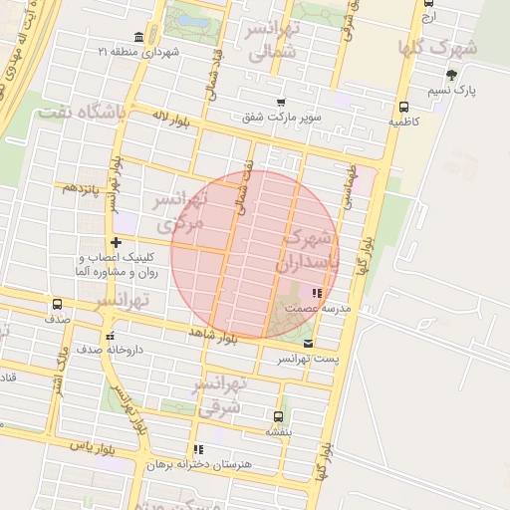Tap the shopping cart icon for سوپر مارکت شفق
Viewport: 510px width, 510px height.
click(x=282, y=101)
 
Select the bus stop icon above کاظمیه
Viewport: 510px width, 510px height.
click(x=402, y=108)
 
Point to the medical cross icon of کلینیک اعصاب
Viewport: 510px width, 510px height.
click(x=117, y=242)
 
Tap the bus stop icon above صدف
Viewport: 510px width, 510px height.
click(x=57, y=304)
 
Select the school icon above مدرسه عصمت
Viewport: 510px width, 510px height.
click(x=317, y=293)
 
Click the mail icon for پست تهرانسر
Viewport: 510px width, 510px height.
click(x=307, y=343)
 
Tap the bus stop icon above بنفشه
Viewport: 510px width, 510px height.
click(x=278, y=416)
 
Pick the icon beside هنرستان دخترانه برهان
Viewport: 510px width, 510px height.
click(x=198, y=449)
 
